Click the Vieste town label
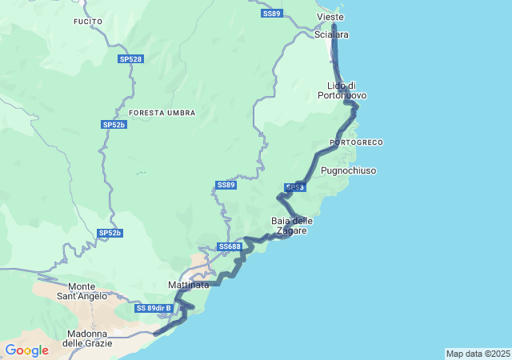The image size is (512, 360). [330, 17]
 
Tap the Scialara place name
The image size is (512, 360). [331, 35]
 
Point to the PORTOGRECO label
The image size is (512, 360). [356, 142]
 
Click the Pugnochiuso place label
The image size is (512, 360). [348, 170]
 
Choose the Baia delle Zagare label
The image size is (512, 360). [292, 226]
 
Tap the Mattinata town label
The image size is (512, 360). [189, 285]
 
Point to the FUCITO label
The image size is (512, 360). [87, 21]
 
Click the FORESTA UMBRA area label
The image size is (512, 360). [162, 113]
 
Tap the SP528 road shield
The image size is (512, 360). [130, 59]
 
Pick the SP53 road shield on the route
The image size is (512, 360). [295, 187]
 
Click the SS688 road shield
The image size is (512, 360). [229, 246]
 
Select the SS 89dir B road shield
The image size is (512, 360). [154, 308]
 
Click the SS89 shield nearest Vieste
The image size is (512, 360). [272, 14]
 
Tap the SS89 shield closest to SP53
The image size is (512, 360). [226, 185]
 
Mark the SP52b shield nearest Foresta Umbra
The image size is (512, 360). [114, 125]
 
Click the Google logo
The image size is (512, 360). [26, 350]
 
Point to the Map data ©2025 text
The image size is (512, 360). [477, 354]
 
